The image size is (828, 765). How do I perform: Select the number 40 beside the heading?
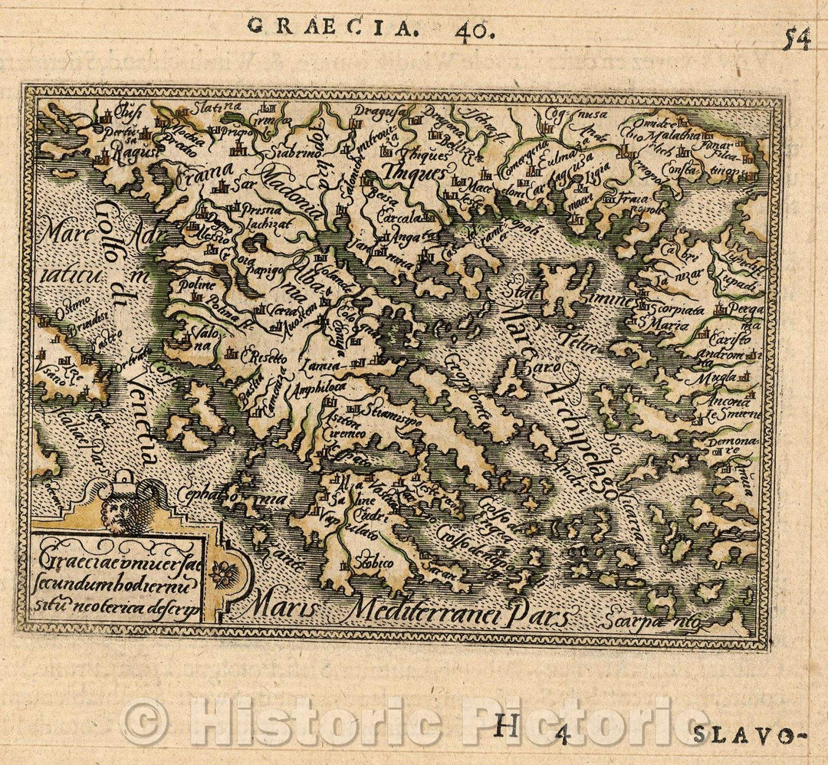474,31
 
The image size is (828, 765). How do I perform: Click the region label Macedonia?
291,192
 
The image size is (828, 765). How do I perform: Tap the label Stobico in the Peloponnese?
375,564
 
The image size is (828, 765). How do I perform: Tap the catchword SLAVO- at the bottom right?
742,737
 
